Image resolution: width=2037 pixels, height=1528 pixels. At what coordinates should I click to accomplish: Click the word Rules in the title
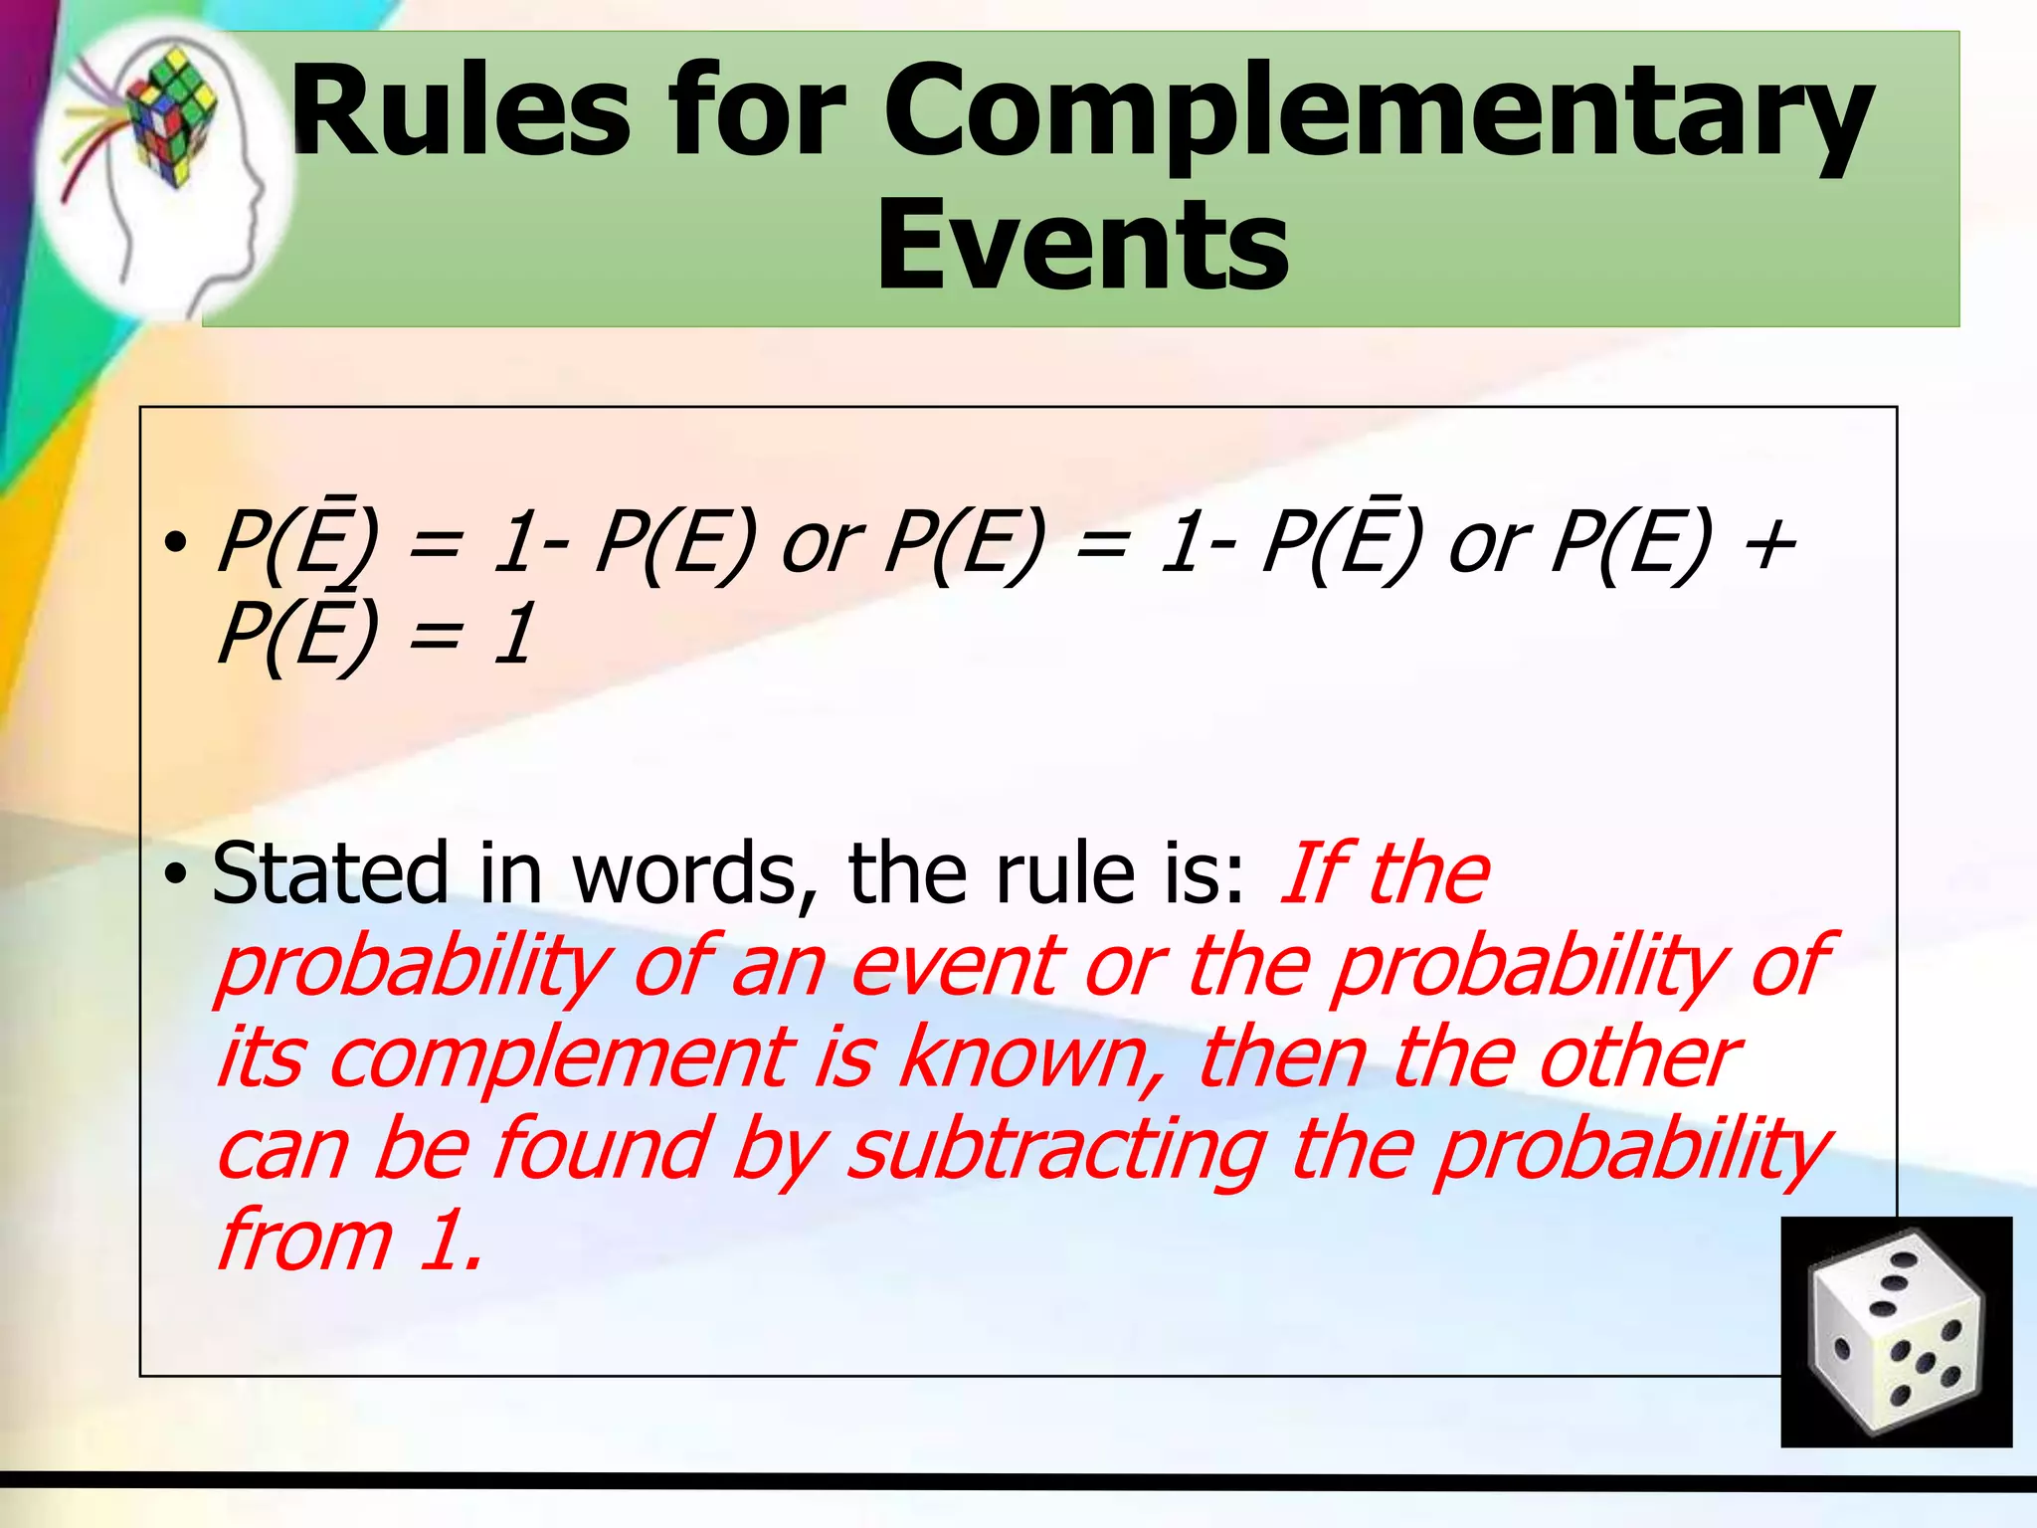pos(460,111)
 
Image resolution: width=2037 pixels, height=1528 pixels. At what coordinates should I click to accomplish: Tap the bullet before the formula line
pos(176,544)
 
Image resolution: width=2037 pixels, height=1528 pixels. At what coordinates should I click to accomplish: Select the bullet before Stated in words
pos(176,874)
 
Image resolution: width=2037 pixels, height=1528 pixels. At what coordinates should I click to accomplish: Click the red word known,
pos(1023,1057)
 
